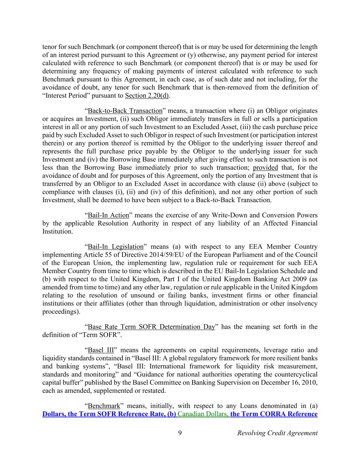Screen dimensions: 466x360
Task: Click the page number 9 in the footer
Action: pos(179,433)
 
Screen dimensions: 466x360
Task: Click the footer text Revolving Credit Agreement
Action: pos(277,433)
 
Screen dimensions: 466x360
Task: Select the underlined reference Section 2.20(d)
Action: pos(147,96)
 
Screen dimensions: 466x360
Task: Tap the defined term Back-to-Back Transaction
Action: pos(125,111)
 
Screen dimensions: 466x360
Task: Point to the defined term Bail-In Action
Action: pos(109,215)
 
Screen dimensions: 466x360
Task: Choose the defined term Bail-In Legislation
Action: pos(116,246)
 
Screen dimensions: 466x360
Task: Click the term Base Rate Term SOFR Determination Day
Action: pos(152,327)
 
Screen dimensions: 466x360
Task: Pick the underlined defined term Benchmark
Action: pos(104,406)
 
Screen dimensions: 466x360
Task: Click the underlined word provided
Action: pos(265,167)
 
